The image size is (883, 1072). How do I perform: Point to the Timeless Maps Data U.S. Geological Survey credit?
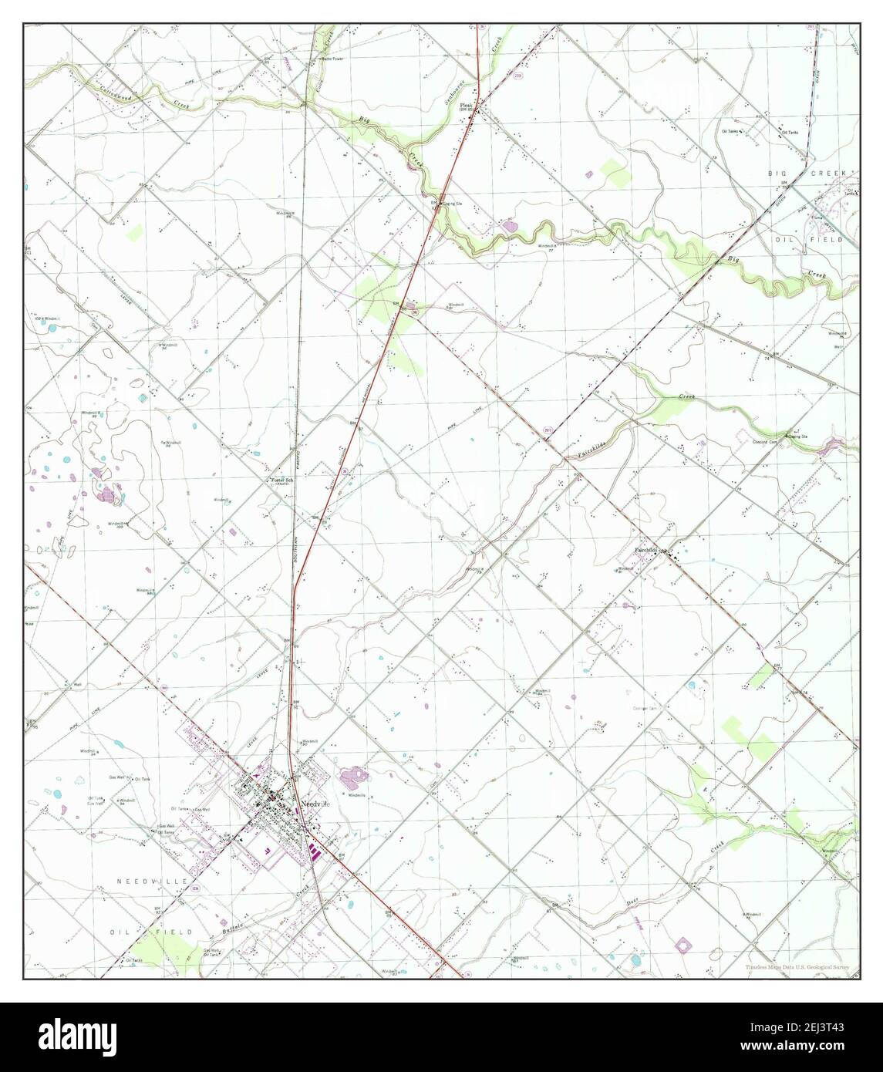(801, 967)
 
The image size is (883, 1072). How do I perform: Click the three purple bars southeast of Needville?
(315, 852)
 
